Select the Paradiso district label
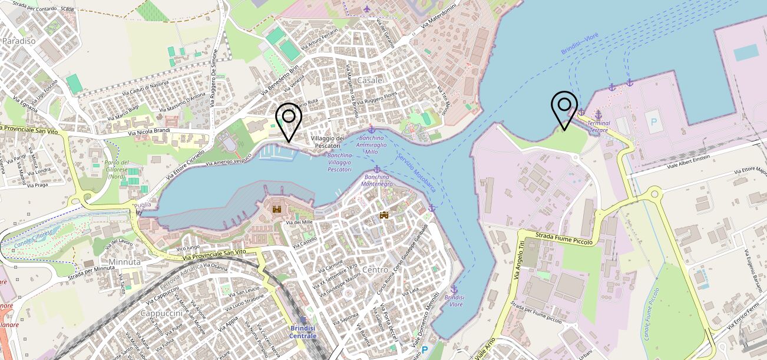19,41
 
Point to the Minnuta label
124,262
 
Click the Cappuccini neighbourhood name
161,313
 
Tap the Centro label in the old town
375,269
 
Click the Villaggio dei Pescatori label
325,141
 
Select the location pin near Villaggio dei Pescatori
289,121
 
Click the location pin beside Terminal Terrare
564,110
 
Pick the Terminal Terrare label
599,126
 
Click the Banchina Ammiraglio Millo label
371,144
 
